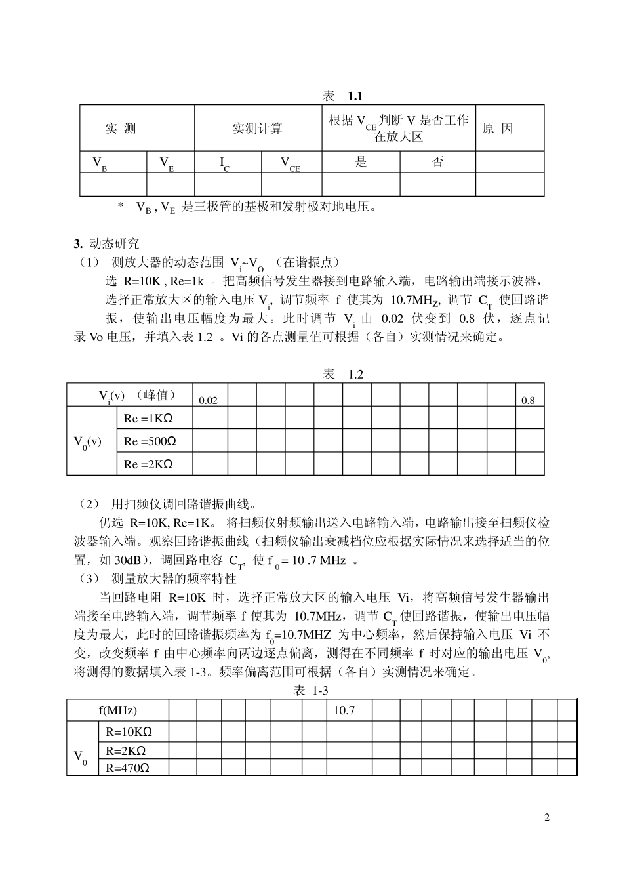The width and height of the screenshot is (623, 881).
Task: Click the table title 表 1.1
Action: [343, 96]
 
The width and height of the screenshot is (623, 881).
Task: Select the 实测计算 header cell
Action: [258, 129]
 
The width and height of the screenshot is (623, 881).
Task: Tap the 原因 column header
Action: [498, 129]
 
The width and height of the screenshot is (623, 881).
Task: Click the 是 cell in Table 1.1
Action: [361, 162]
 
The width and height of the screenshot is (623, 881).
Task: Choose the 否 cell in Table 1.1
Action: [437, 162]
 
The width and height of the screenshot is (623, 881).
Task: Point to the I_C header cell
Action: [227, 163]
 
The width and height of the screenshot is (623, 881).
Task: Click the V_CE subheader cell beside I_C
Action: [291, 163]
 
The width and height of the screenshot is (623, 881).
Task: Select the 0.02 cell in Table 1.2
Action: [208, 400]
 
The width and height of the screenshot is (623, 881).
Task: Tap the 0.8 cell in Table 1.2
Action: [528, 400]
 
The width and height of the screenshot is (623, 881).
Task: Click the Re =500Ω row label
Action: [150, 441]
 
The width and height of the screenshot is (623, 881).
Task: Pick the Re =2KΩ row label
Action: [148, 464]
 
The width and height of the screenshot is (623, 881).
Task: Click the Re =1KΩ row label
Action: [148, 419]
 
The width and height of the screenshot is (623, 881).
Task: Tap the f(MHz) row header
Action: [118, 710]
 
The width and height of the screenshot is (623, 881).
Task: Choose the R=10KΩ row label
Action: [129, 731]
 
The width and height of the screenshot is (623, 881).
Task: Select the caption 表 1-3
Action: [311, 690]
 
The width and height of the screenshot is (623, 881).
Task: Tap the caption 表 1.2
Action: [344, 375]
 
